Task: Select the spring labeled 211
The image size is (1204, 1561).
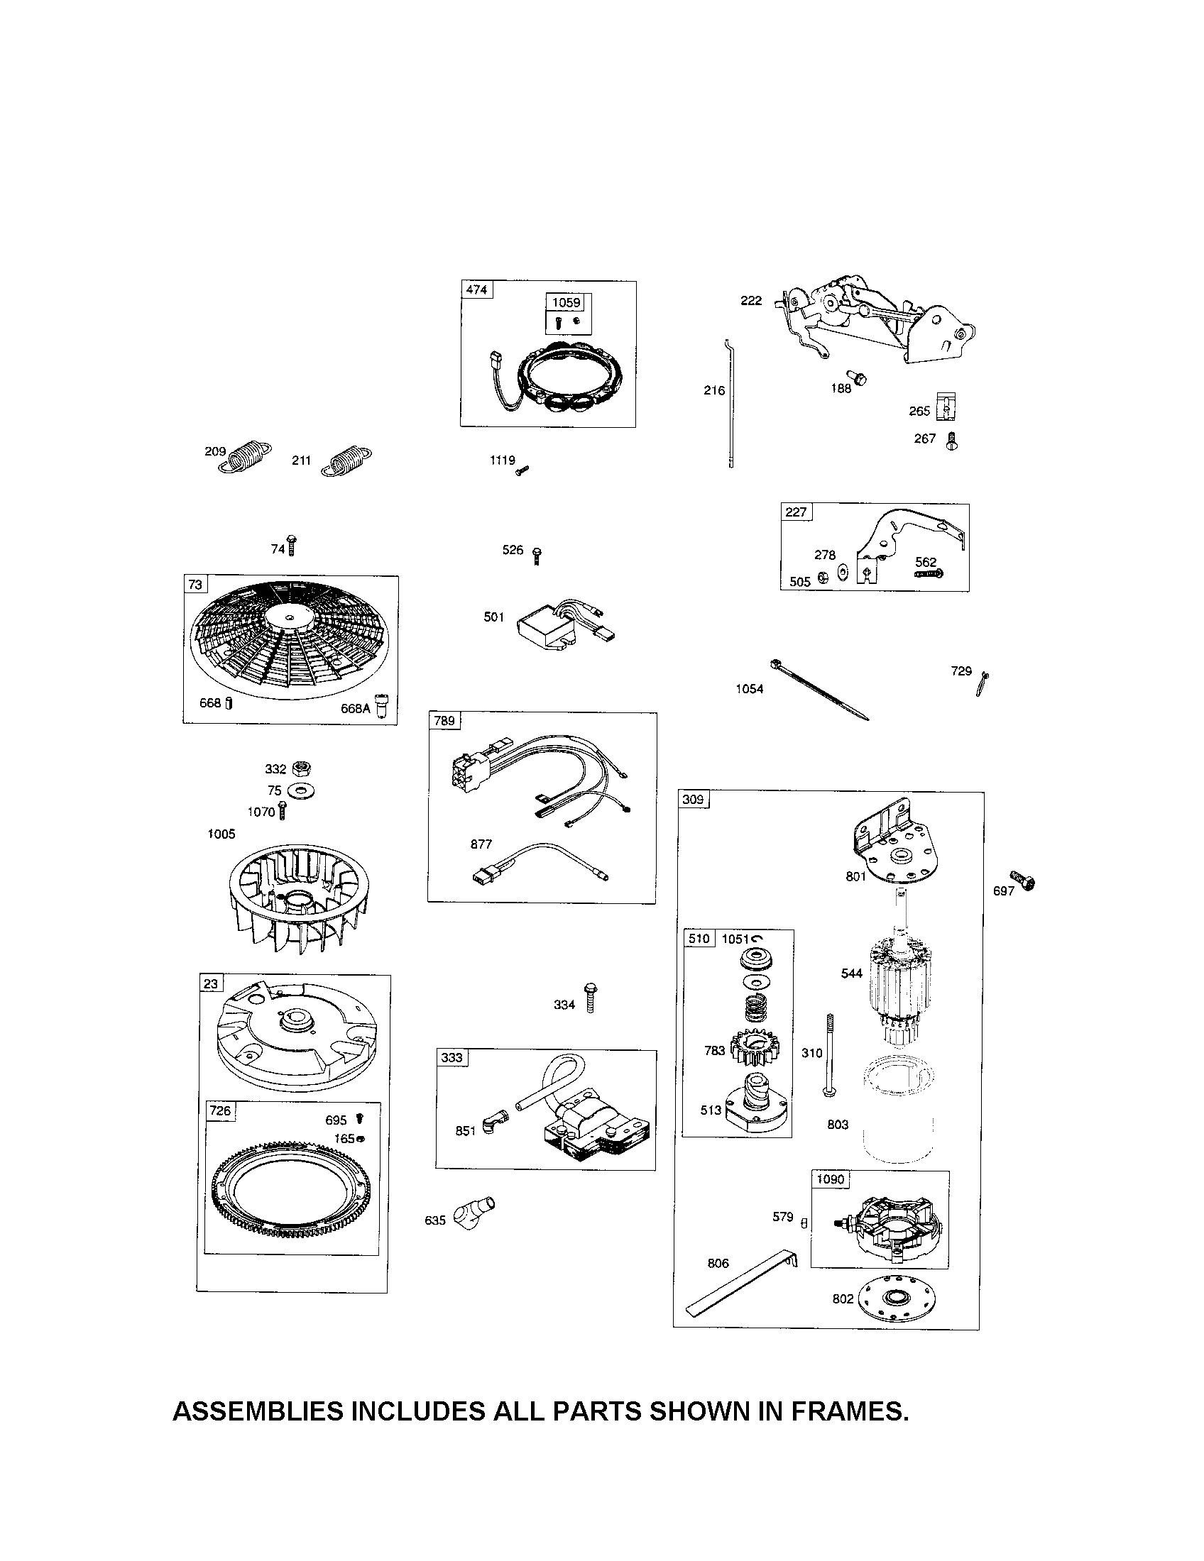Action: tap(346, 461)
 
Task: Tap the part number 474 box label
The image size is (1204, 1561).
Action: tap(476, 289)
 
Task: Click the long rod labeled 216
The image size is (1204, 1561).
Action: tap(730, 404)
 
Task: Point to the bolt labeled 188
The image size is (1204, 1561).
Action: tap(859, 378)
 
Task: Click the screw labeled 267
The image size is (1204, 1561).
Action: tap(951, 441)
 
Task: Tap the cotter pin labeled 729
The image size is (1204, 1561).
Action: tap(983, 684)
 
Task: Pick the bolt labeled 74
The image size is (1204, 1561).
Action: tap(292, 546)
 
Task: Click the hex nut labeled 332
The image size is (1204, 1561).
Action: tap(302, 768)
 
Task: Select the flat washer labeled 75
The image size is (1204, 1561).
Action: tap(301, 792)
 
